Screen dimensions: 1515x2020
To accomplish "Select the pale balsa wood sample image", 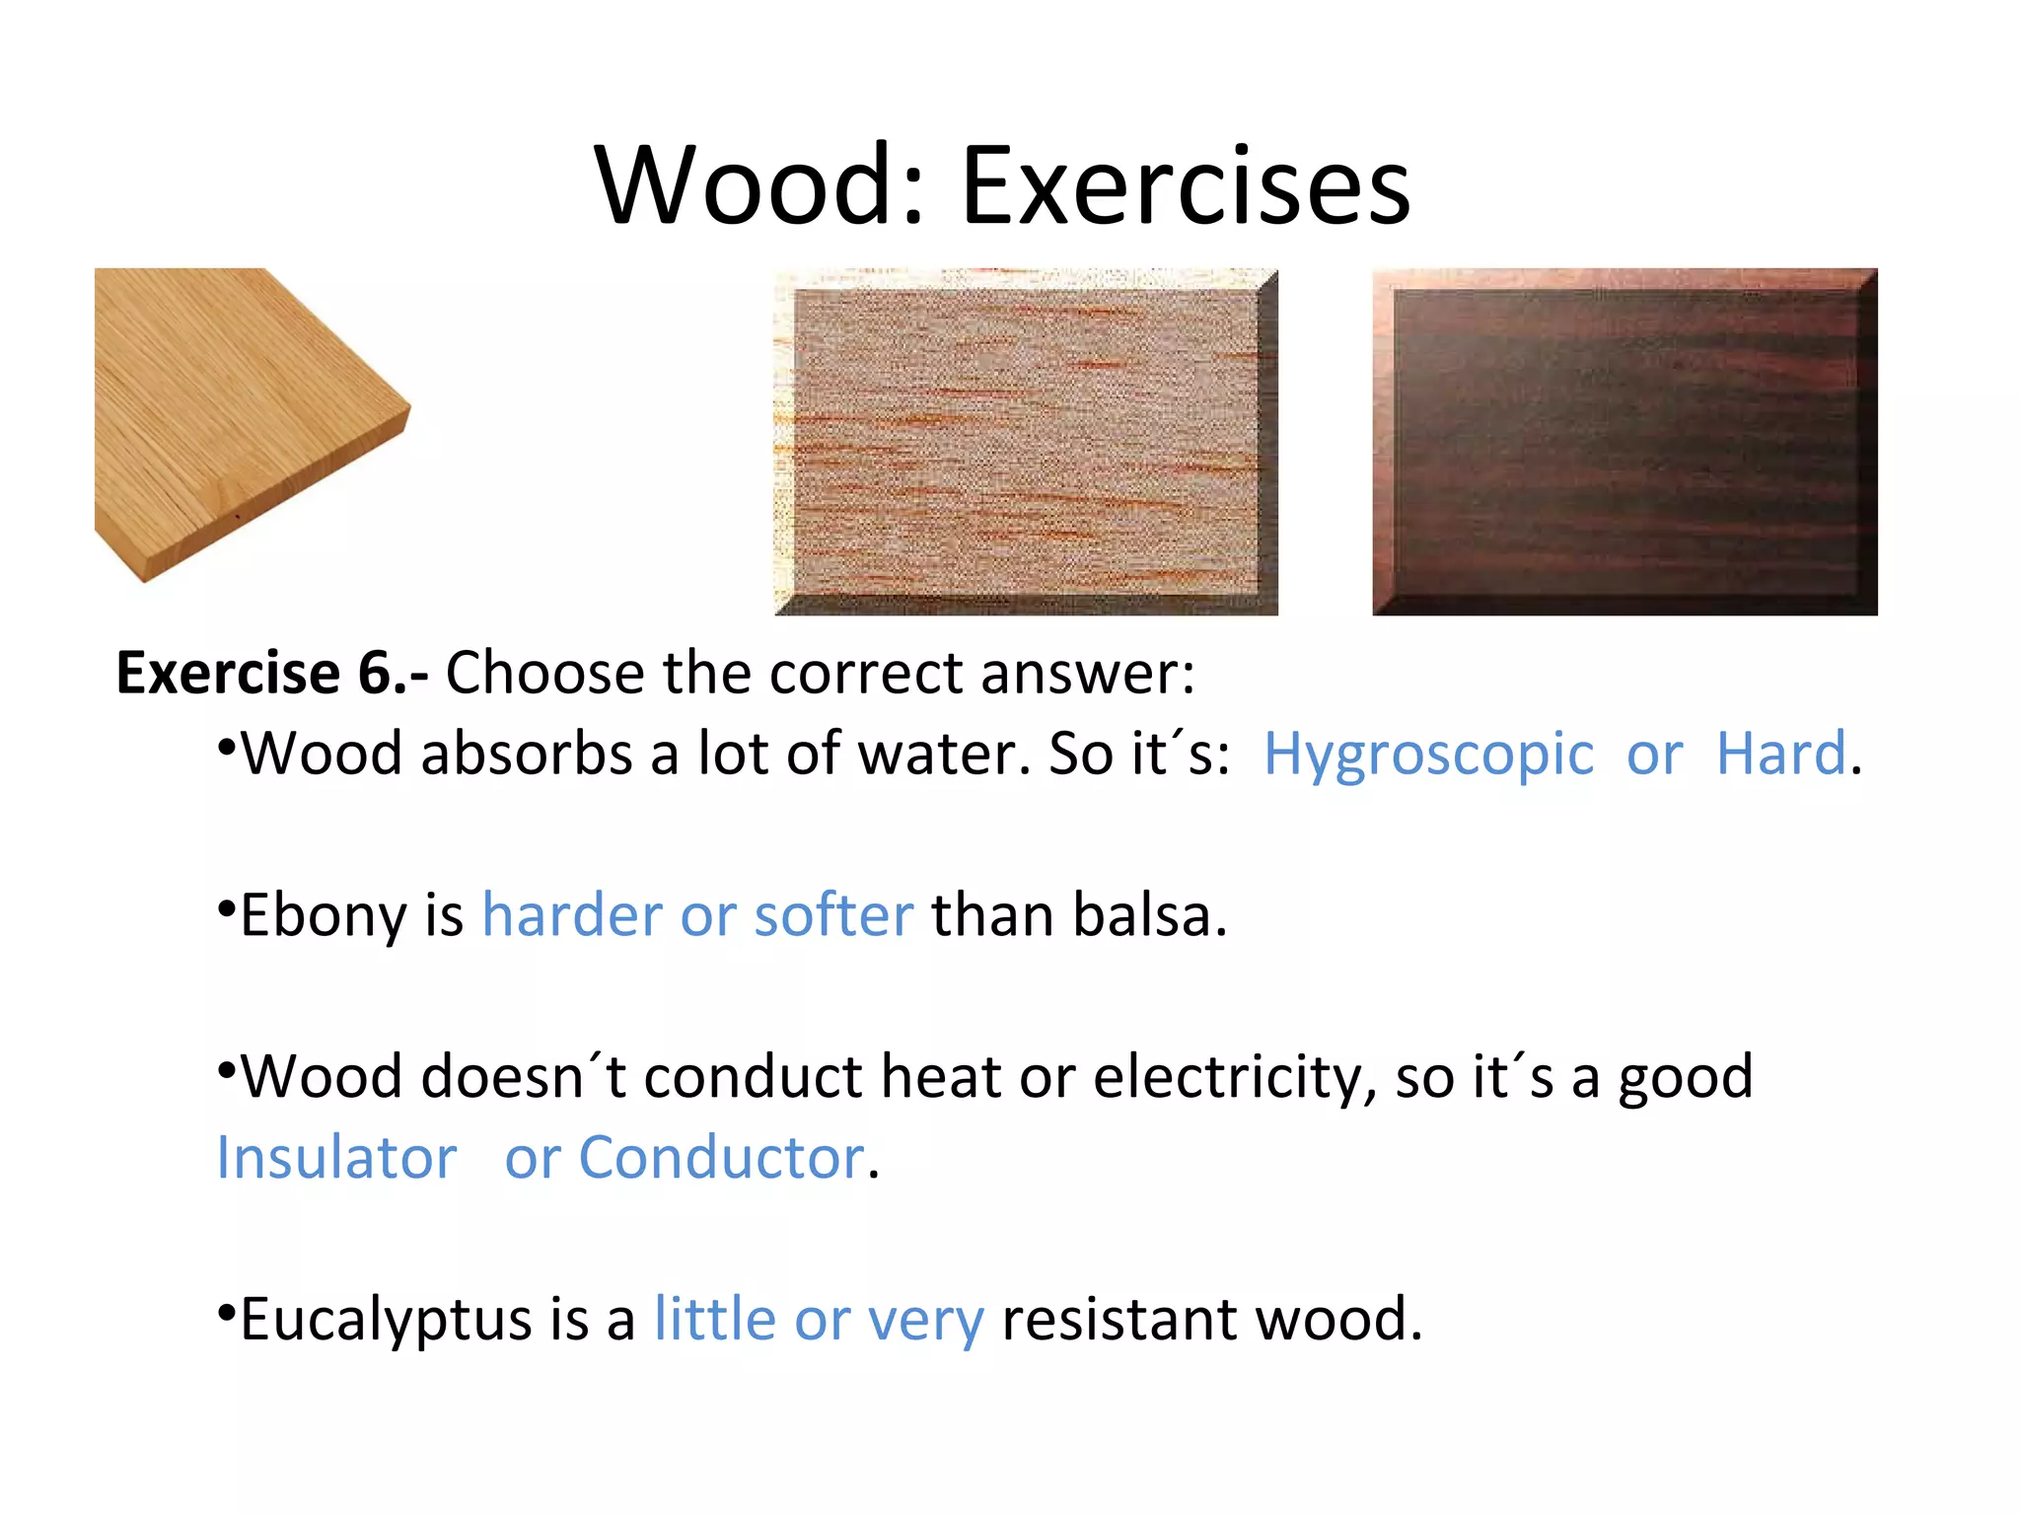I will [x=1026, y=442].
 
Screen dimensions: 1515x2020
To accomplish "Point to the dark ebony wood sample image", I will [x=1624, y=442].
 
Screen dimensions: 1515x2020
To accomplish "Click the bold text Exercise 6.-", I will [x=272, y=674].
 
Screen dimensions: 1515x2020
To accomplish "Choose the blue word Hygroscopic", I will [x=1428, y=756].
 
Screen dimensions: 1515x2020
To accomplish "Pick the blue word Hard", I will [x=1780, y=755].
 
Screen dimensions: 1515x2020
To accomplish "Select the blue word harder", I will [x=572, y=915].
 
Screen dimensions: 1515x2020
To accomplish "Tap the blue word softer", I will [x=833, y=915].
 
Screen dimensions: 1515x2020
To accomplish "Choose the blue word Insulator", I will [x=336, y=1158].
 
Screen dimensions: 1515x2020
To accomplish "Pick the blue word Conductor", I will [x=721, y=1158].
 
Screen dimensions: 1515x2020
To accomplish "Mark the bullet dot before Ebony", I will [x=226, y=905].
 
